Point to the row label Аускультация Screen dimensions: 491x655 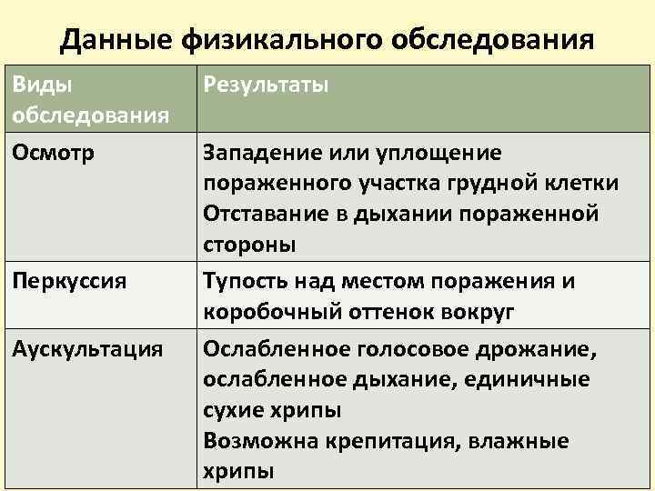(87, 348)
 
